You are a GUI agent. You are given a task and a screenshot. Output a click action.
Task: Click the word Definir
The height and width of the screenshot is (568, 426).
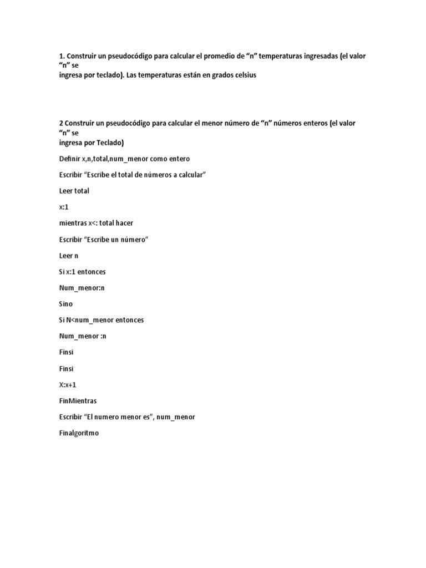pos(69,159)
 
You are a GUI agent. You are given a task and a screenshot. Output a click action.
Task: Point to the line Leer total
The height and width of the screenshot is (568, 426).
pos(74,191)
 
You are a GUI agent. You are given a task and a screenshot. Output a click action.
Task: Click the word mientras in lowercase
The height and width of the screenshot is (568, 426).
pos(73,223)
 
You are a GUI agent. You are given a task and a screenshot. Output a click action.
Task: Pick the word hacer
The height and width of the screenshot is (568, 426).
pos(124,223)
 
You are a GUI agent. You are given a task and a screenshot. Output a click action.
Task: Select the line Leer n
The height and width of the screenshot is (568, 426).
pos(69,256)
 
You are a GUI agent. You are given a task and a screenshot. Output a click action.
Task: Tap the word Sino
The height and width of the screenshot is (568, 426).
pos(66,304)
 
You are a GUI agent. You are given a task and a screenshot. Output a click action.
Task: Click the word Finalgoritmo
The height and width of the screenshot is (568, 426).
pos(79,433)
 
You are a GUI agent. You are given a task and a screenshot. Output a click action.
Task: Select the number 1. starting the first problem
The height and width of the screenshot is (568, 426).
pos(62,57)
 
